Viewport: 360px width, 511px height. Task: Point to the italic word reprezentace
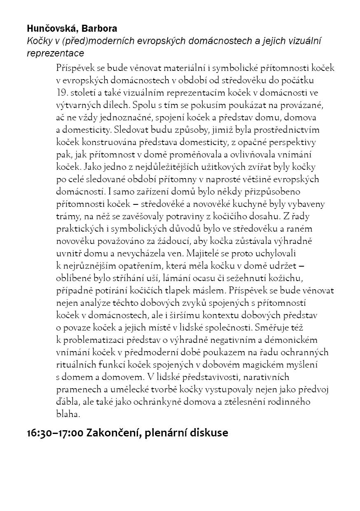tap(55, 53)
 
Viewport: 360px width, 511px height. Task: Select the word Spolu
tap(145, 105)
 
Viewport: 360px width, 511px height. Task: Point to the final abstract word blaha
tap(67, 414)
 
